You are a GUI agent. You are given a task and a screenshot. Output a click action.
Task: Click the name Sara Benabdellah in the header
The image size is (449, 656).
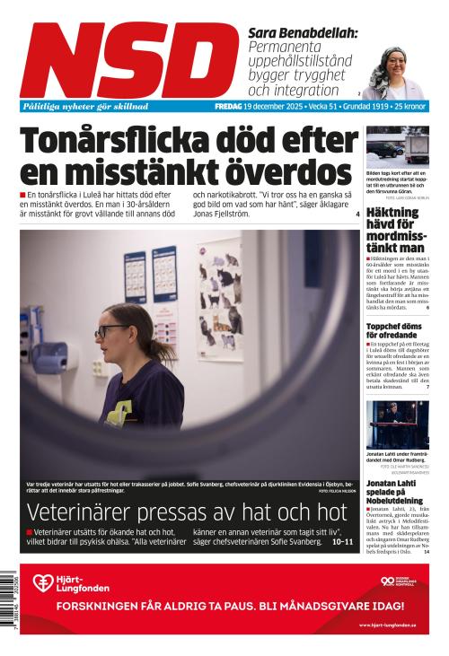click(x=302, y=32)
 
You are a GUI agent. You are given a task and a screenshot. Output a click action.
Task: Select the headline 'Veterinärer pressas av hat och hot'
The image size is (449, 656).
click(x=187, y=513)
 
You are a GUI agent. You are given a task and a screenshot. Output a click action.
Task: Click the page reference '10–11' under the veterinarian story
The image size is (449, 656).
click(x=342, y=542)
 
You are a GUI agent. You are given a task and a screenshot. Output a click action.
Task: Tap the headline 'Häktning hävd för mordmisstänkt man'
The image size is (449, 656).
click(x=395, y=231)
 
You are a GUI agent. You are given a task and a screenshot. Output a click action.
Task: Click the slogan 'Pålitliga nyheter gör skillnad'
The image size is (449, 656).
click(x=85, y=106)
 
